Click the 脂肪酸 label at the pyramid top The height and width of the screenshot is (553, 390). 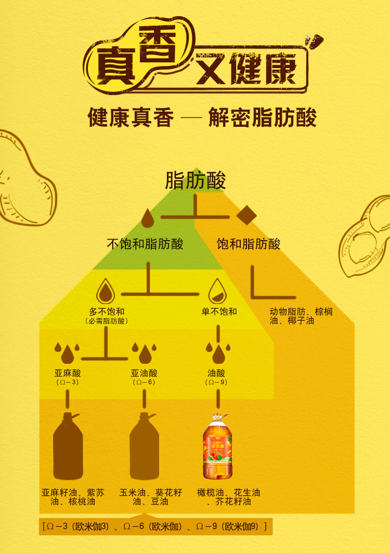point(196,181)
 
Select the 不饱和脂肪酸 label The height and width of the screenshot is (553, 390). point(145,244)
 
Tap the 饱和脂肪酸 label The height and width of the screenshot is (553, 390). point(248,244)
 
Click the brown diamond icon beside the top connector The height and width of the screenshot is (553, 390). point(246,215)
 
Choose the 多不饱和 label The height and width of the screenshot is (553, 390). point(107,312)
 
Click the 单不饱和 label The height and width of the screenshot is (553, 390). point(219,312)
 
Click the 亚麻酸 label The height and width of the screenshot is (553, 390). point(68,373)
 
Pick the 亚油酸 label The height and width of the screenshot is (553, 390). point(144,373)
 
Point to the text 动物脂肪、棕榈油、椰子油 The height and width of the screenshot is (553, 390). point(301,317)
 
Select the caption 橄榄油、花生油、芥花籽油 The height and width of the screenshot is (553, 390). point(229,497)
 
